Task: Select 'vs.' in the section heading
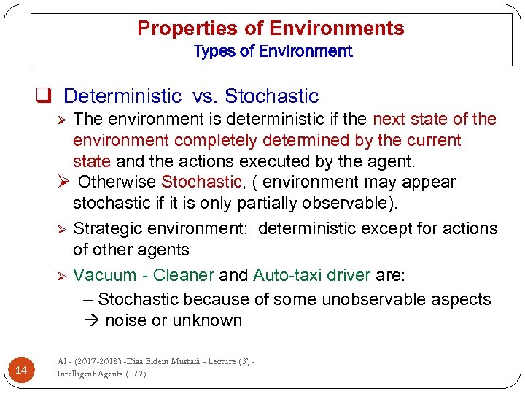[x=203, y=96]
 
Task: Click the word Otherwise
[x=117, y=182]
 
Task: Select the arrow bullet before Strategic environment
[x=63, y=229]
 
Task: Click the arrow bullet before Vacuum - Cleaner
[x=63, y=276]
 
